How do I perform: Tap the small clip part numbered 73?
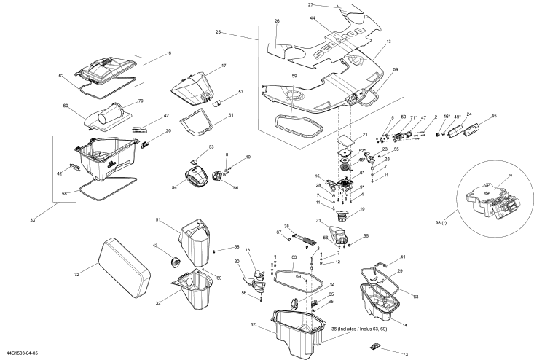tap(374, 344)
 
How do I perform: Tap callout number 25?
tap(217, 31)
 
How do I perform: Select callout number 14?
tap(404, 324)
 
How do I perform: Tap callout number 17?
tap(224, 66)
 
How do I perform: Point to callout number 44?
tap(313, 18)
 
